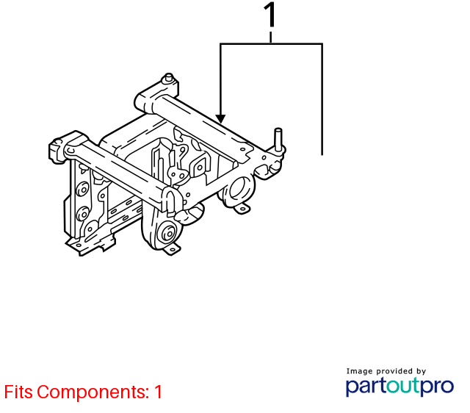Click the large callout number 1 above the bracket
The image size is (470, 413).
[x=270, y=15]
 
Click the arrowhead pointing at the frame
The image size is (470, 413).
[x=220, y=119]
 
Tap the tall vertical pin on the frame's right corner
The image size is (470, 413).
[x=278, y=140]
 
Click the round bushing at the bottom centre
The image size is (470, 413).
[x=168, y=233]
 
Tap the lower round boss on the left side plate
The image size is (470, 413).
[x=83, y=214]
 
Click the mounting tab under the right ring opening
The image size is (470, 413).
[x=242, y=207]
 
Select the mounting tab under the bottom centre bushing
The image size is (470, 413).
[x=172, y=250]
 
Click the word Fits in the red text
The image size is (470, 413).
[x=18, y=392]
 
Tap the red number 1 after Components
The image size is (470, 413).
[x=159, y=392]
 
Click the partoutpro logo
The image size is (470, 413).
[x=399, y=387]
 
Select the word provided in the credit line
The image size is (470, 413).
[x=394, y=371]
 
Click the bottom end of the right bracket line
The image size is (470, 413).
[x=322, y=155]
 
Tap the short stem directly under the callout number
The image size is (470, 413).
[x=271, y=37]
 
